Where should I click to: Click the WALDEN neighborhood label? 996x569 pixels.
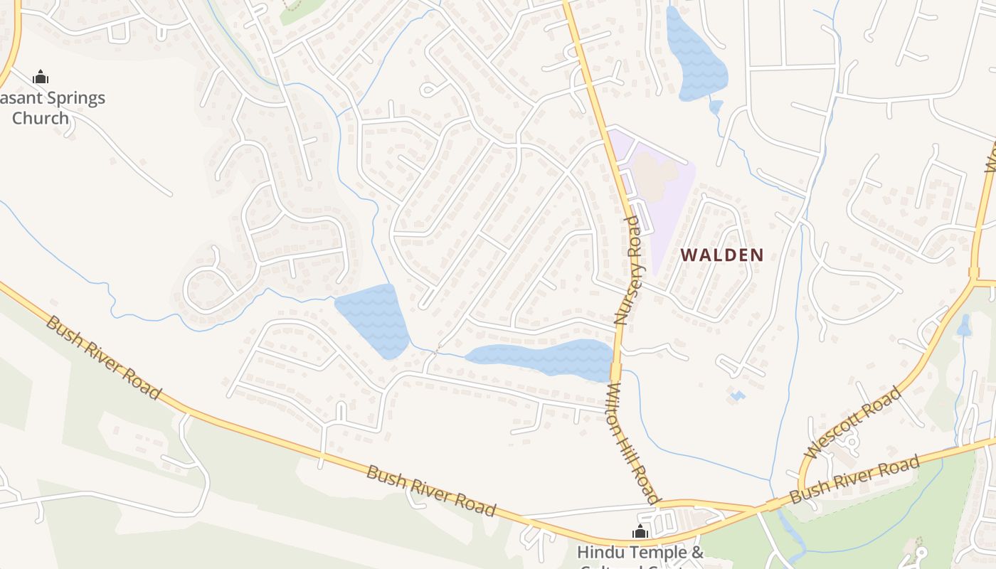click(722, 255)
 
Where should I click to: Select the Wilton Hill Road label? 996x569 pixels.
click(632, 444)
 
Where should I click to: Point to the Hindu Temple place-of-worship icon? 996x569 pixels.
click(640, 531)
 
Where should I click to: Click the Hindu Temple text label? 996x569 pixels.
click(640, 552)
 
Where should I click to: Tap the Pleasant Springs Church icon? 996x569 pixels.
click(41, 76)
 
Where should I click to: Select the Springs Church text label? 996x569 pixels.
click(50, 107)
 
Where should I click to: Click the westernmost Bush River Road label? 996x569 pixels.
click(104, 357)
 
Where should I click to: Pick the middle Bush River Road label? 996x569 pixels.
click(430, 491)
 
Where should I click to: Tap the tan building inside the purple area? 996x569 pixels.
click(655, 174)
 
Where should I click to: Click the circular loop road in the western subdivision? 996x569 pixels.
click(209, 289)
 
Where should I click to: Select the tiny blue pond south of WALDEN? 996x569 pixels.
click(737, 395)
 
